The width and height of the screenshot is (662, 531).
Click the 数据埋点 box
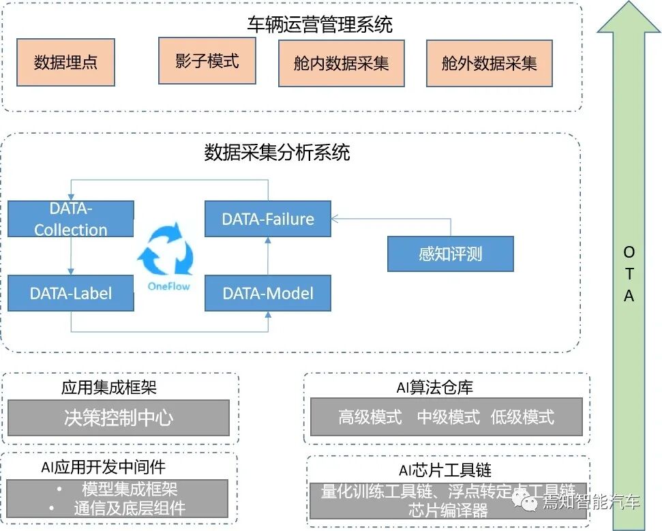point(65,62)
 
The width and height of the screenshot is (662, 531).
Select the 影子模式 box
point(207,60)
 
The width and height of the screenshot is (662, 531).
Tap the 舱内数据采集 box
point(341,63)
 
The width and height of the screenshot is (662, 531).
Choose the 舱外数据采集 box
point(489,63)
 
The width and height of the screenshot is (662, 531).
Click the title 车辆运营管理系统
point(320,25)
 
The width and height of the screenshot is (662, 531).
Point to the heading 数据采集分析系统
point(277,152)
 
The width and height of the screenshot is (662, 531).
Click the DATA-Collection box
point(71,219)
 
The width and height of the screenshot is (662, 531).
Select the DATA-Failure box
point(268,219)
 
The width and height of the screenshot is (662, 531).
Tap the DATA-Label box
point(71,294)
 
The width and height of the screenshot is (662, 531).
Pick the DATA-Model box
point(268,294)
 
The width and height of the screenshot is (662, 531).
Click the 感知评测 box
point(450,254)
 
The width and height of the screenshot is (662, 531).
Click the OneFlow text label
point(169,286)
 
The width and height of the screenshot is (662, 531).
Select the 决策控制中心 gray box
point(118,417)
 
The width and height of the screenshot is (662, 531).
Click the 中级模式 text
point(449,417)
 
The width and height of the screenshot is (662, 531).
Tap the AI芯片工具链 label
point(445,470)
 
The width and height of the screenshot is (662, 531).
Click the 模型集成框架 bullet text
point(130,489)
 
